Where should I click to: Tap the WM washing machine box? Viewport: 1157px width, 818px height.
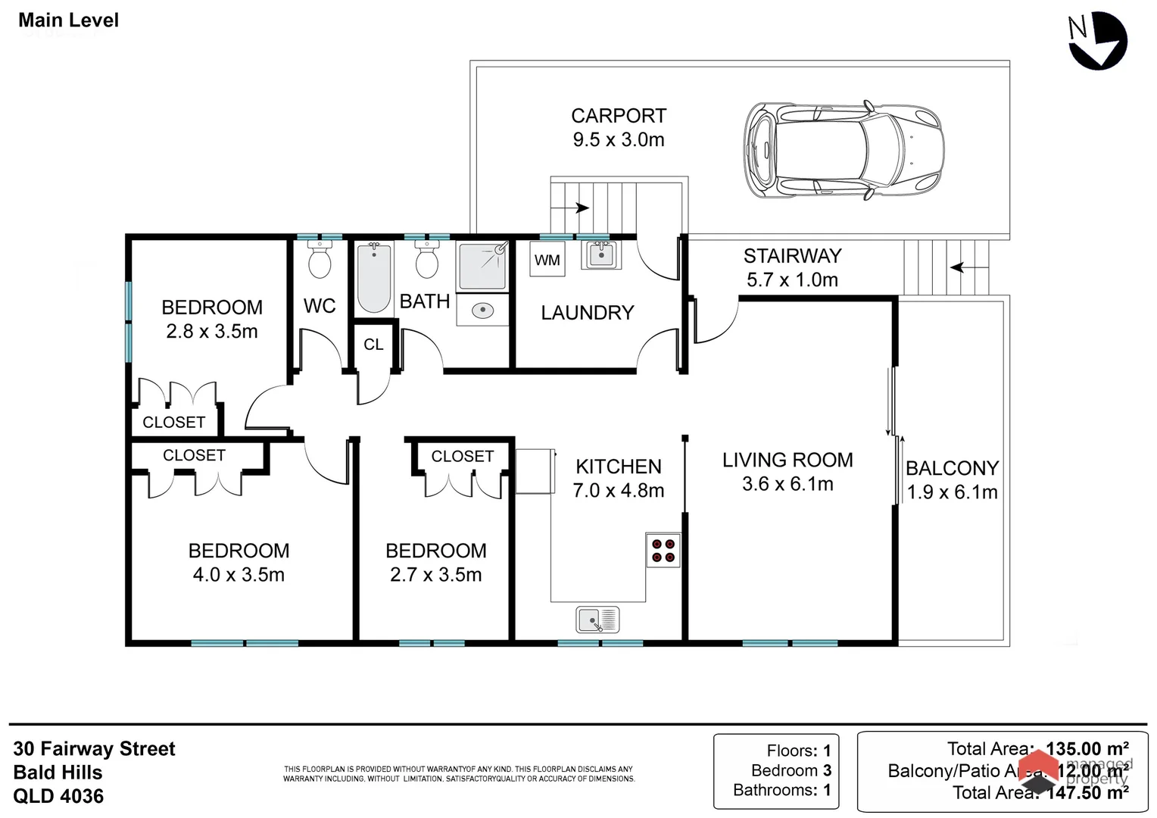point(547,260)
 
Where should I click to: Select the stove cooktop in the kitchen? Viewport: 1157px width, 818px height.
point(663,550)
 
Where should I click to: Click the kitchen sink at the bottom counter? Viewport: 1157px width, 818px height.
point(597,620)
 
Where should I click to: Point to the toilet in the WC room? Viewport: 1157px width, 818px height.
point(320,261)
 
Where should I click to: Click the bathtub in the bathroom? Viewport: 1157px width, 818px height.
point(374,277)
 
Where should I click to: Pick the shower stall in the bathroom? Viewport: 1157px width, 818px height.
point(482,264)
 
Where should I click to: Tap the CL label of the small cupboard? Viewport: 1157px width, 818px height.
point(373,345)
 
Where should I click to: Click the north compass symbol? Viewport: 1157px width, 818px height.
point(1097,42)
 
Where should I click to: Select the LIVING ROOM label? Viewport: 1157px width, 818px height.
point(787,460)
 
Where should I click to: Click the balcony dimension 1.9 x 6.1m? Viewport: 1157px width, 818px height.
point(952,492)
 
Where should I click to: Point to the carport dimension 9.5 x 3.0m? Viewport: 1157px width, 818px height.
point(619,139)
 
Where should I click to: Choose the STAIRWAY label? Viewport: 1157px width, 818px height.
point(792,256)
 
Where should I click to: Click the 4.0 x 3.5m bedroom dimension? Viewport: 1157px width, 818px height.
point(239,575)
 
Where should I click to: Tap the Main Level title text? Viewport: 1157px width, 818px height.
point(68,20)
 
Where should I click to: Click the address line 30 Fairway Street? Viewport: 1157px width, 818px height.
point(94,749)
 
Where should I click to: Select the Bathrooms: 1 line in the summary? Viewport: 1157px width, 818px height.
point(781,790)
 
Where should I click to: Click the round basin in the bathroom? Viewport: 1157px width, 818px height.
point(482,310)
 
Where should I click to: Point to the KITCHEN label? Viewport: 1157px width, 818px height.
point(619,467)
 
